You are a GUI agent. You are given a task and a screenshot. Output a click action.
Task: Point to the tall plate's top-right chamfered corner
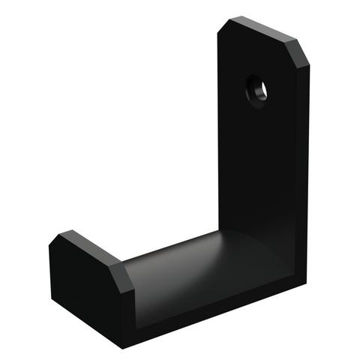click(x=302, y=56)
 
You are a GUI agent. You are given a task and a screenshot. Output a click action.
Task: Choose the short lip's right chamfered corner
click(x=121, y=271)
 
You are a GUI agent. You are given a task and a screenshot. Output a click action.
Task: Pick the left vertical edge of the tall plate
click(x=218, y=135)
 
